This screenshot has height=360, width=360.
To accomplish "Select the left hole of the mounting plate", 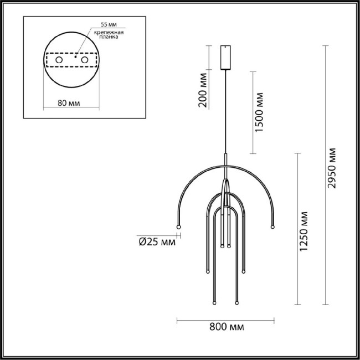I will coord(59,58).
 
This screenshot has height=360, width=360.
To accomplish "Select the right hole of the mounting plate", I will coord(85,58).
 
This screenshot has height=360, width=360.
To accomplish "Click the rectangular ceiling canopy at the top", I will coord(225,56).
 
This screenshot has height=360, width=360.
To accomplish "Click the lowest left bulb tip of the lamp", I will coord(214,303).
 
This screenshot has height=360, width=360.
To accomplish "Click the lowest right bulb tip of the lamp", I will coord(236,303).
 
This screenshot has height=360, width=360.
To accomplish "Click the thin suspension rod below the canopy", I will coord(225,111).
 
